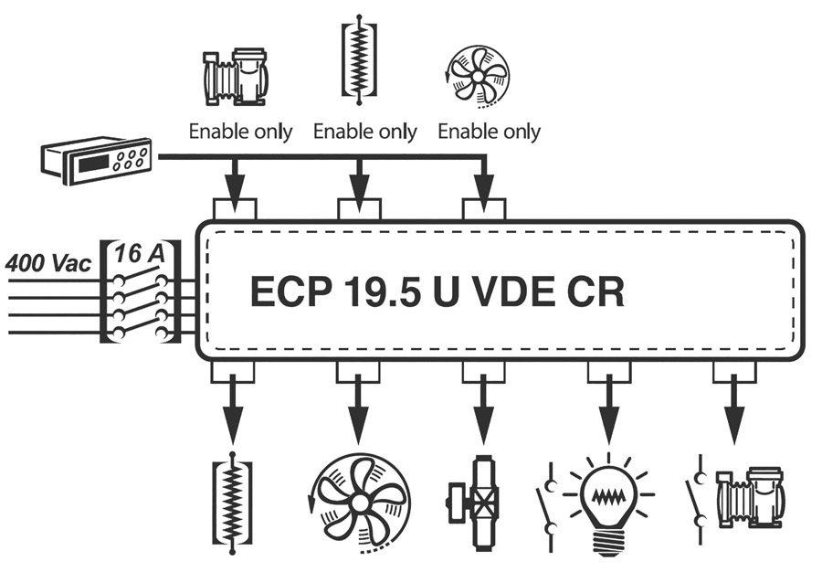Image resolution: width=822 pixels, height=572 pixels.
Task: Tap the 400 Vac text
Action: tap(48, 263)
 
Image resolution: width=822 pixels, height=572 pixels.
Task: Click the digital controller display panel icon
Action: tap(95, 161)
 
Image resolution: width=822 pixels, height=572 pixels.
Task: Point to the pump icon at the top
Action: tap(233, 74)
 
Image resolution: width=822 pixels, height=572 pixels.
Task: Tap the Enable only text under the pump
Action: tap(240, 132)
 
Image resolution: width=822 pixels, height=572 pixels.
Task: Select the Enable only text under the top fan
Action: tap(489, 132)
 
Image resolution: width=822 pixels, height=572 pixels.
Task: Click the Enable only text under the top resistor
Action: tap(364, 132)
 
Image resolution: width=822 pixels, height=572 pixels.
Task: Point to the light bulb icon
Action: tap(606, 501)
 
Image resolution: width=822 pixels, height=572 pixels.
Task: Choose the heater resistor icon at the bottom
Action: tap(232, 502)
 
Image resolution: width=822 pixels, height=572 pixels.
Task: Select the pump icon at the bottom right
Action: tap(748, 497)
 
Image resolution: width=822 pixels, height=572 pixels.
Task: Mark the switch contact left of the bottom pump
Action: tap(698, 498)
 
